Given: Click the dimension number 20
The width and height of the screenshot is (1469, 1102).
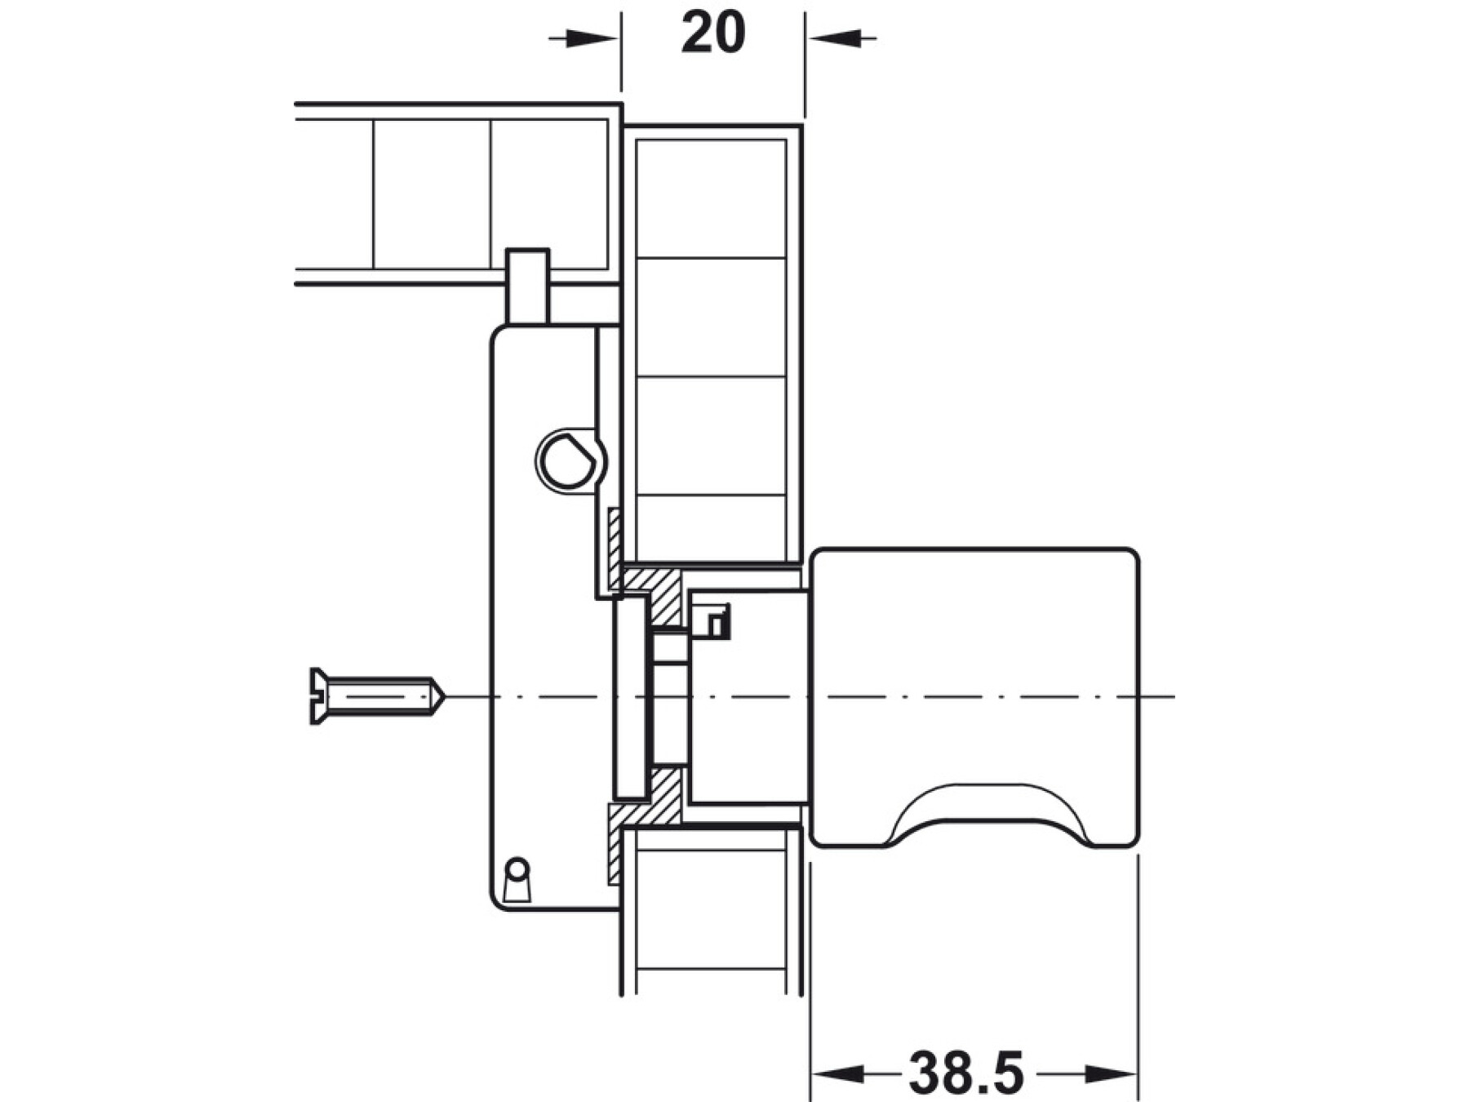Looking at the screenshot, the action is pyautogui.click(x=712, y=34).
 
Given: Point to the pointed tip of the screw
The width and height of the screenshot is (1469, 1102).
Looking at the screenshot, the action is pyautogui.click(x=444, y=696).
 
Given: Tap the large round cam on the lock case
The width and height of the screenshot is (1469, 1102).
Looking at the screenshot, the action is pyautogui.click(x=569, y=461).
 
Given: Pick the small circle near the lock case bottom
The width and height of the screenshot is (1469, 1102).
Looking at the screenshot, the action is pyautogui.click(x=517, y=867).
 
